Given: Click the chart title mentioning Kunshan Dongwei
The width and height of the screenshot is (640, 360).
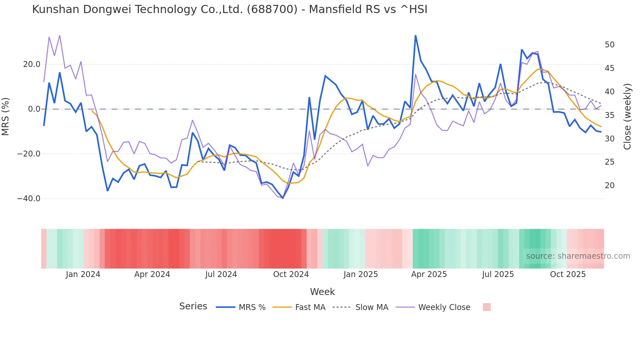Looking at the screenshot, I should [230, 9].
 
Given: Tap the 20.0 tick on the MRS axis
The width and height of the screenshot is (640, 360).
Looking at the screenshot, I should [32, 64].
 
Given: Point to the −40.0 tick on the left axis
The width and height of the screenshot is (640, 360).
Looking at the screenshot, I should [29, 199].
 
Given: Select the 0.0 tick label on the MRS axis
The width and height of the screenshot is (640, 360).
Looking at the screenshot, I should [34, 109].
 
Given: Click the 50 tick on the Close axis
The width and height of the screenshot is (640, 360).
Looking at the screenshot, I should [609, 45].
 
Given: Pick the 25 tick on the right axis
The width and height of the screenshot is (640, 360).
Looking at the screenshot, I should [609, 162].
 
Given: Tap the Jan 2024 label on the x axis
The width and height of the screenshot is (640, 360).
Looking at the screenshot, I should [83, 274].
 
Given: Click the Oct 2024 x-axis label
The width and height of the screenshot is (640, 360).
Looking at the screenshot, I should [291, 274].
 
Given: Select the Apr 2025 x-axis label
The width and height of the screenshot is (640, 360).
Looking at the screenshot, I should [429, 274].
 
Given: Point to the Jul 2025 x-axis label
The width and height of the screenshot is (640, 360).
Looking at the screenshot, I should [498, 274].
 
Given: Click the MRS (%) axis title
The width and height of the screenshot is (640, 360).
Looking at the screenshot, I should [6, 116].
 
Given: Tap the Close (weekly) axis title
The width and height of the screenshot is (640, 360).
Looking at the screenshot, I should [627, 116].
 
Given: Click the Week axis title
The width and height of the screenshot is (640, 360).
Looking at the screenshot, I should [322, 292].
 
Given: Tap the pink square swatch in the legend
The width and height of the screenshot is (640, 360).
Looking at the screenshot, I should [487, 307].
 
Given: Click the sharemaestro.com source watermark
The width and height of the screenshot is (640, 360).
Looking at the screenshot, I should [578, 256].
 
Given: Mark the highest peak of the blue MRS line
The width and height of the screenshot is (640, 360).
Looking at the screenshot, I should [415, 36].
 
